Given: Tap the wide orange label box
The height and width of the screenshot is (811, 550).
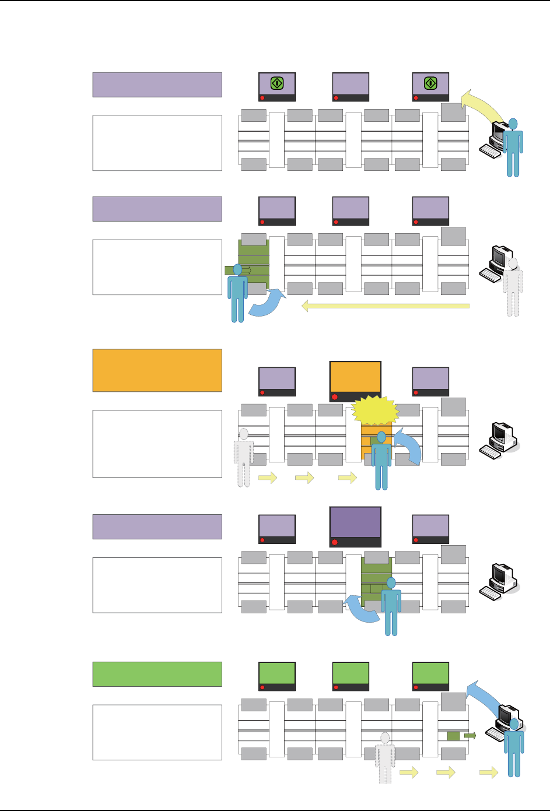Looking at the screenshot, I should [157, 370].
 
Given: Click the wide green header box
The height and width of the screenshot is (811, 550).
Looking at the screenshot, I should [157, 674].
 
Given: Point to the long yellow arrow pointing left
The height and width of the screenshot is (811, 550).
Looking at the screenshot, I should [385, 306].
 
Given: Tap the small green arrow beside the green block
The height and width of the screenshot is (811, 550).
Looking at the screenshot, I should [470, 736].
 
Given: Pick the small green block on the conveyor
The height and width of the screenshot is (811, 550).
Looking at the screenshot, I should [453, 736].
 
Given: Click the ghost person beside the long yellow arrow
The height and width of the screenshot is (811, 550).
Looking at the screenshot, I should [513, 287].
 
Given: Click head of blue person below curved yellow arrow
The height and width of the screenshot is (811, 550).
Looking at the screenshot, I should [513, 124].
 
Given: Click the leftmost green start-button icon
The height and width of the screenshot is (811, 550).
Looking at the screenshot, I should [277, 83].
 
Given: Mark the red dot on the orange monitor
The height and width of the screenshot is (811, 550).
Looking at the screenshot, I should [335, 397].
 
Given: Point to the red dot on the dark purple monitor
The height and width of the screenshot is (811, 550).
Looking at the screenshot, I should [335, 542].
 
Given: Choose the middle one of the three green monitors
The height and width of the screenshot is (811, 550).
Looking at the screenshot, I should [351, 673].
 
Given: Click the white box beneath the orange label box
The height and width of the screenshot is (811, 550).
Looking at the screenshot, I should [157, 444].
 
